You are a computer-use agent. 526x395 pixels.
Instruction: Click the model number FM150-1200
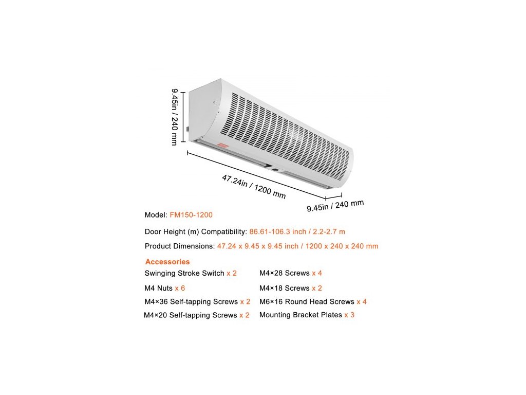click(191, 215)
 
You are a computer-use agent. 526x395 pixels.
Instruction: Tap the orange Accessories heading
click(167, 262)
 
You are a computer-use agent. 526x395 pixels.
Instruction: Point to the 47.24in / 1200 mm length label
click(254, 187)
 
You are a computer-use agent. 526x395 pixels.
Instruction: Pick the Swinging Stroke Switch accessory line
click(191, 273)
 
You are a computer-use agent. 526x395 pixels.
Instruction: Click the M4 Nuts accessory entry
click(164, 288)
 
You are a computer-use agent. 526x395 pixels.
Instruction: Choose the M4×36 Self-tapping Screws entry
click(197, 301)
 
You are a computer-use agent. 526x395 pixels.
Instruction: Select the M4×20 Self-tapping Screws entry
click(197, 315)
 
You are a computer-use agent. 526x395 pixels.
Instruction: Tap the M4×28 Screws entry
click(291, 273)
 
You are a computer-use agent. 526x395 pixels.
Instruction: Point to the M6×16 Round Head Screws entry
click(313, 301)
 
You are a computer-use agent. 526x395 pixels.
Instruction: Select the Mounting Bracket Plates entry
click(307, 315)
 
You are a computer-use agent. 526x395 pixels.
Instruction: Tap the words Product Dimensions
click(179, 246)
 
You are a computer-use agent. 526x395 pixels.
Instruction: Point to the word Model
click(156, 215)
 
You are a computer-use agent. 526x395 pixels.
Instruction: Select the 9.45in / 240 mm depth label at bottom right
click(335, 205)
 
